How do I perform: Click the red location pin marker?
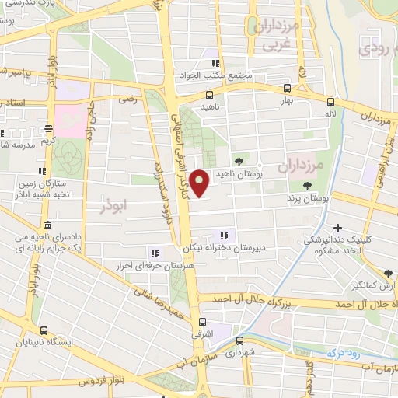[201, 183]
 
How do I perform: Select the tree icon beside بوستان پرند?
[308, 186]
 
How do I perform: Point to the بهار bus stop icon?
[288, 89]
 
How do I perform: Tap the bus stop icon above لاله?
[331, 102]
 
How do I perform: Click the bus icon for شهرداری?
[239, 339]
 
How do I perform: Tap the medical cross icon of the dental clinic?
[337, 228]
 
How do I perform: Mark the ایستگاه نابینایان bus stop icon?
[44, 330]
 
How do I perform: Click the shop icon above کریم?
[48, 129]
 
